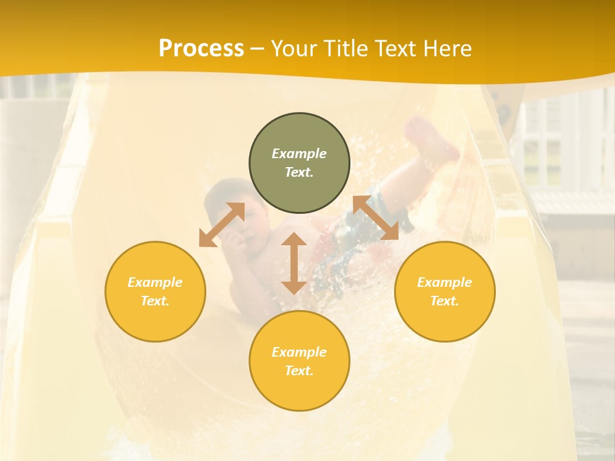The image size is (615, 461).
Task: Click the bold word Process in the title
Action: (x=201, y=49)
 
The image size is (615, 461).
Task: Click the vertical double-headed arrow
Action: (x=294, y=263)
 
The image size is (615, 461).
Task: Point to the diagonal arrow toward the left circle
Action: (x=222, y=225)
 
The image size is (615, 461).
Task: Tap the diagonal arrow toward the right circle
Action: (x=375, y=218)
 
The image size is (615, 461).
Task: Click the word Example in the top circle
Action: (x=299, y=154)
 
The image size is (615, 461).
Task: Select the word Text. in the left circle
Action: (x=155, y=301)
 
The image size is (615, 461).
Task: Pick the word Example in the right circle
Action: (x=445, y=282)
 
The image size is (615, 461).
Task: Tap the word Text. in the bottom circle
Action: (x=299, y=371)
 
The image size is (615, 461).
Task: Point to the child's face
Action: (x=249, y=218)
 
